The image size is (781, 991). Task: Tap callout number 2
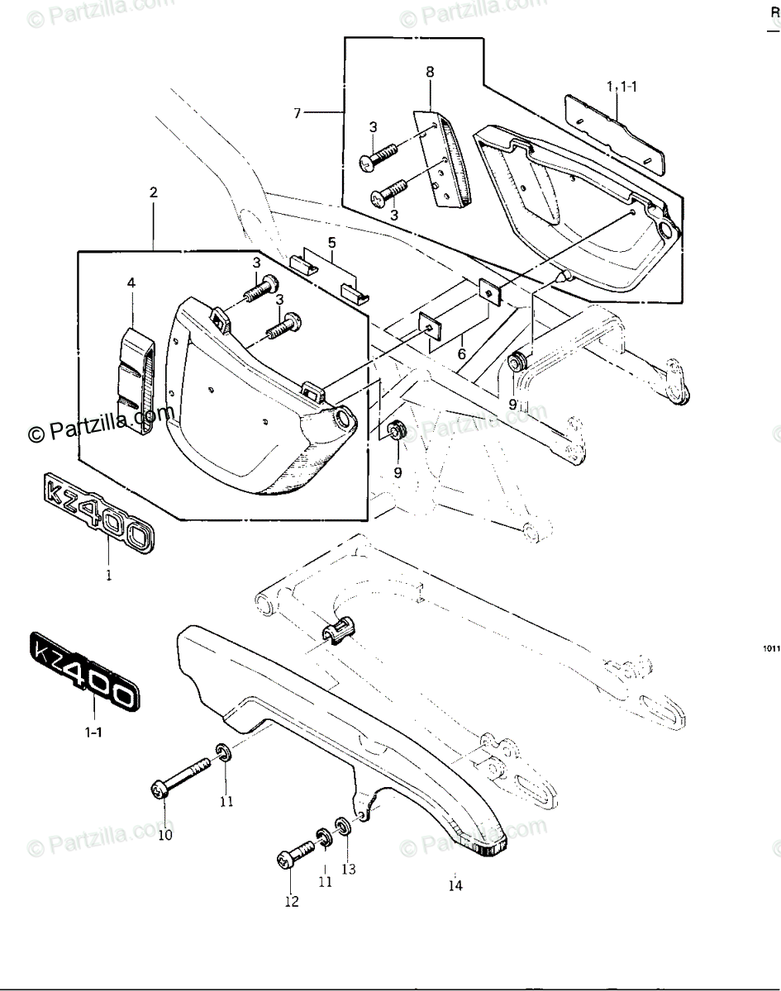153,192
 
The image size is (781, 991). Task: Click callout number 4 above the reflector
131,283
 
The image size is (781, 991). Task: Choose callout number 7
298,113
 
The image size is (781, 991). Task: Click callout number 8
430,72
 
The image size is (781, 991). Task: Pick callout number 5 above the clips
331,243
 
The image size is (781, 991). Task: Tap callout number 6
461,353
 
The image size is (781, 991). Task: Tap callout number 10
165,834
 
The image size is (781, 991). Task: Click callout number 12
291,901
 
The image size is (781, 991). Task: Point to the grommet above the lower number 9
395,429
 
